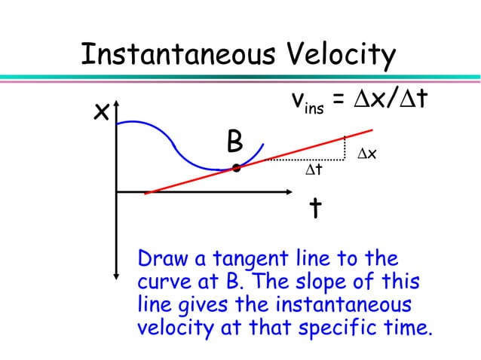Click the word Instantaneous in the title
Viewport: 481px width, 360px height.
tap(179, 55)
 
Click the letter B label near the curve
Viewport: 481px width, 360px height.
tap(234, 141)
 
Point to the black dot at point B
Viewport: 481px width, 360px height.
tap(236, 168)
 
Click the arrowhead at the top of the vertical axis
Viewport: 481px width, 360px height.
tap(117, 121)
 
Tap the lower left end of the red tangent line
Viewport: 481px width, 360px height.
tap(146, 193)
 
